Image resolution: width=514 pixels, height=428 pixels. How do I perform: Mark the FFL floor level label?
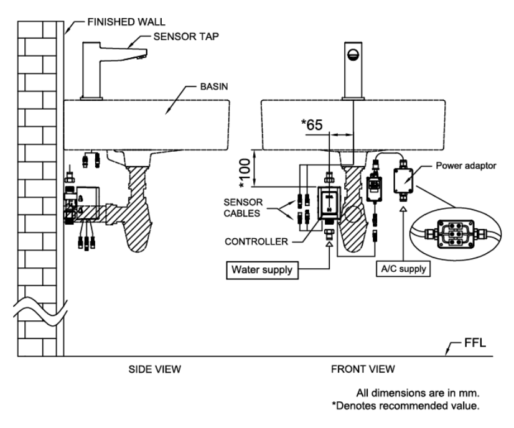click(x=474, y=343)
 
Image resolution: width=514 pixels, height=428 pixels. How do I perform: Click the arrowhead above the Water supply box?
click(x=329, y=244)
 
